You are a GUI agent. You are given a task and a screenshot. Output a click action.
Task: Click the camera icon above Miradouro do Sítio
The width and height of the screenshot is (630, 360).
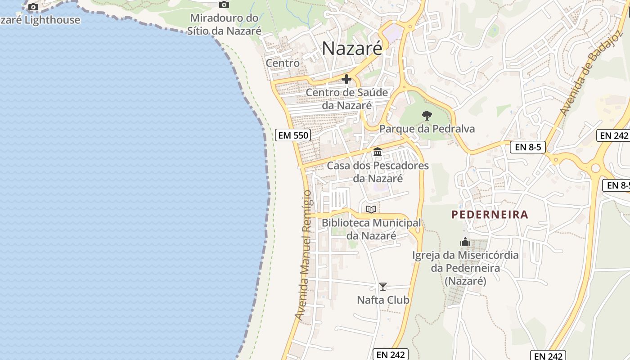[224, 5]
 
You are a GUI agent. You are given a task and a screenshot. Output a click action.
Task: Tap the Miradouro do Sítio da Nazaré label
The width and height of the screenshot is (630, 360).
[225, 25]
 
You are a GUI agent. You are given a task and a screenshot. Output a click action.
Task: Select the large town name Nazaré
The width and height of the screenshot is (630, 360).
[352, 49]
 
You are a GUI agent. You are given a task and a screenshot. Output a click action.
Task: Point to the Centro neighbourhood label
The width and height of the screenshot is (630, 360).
[283, 63]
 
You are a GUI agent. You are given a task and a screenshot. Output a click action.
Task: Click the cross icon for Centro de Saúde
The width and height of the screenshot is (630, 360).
[346, 80]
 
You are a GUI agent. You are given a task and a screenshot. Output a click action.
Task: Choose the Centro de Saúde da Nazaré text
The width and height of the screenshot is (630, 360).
[347, 99]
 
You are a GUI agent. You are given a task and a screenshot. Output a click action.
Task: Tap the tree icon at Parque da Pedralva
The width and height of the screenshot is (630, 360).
[427, 116]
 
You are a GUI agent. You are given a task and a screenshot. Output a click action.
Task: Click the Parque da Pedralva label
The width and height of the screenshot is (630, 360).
[427, 129]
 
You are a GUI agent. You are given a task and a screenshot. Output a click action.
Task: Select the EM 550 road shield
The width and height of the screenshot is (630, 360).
[293, 135]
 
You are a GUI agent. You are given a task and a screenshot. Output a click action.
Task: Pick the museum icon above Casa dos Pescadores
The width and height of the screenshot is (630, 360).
[378, 153]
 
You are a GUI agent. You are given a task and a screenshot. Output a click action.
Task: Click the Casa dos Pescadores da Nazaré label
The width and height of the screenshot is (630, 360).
[378, 172]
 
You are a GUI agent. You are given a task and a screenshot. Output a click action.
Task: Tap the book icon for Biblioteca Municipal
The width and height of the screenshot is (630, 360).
[371, 209]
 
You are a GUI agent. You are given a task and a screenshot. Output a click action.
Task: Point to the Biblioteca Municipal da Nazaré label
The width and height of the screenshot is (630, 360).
[371, 229]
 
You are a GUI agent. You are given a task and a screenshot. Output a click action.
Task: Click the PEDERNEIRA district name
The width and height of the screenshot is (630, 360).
[490, 215]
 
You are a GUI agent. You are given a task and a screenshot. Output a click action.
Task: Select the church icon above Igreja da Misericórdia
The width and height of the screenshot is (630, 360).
[465, 242]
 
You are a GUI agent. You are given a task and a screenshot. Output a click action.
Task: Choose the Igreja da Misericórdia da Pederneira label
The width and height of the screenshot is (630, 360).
[465, 268]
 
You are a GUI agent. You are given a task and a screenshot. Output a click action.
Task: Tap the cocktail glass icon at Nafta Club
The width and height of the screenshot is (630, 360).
[382, 287]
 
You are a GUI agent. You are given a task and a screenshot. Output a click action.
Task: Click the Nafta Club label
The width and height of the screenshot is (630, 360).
[383, 300]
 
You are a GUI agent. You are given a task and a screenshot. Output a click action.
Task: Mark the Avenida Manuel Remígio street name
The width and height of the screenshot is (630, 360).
[304, 255]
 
